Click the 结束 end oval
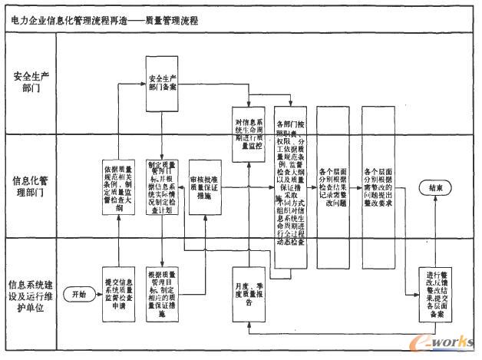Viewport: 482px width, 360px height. [434, 188]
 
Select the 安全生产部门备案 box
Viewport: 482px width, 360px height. [167, 83]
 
